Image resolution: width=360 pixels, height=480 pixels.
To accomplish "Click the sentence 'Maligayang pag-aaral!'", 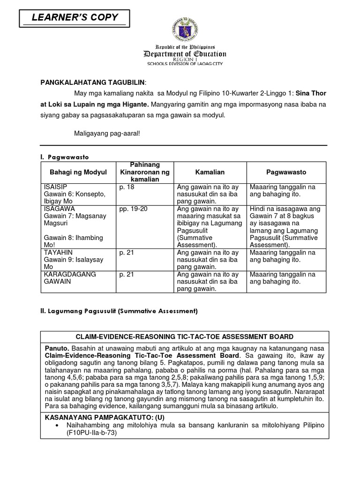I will click(x=107, y=133).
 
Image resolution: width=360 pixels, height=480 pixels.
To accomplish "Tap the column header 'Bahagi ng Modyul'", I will click(x=79, y=172).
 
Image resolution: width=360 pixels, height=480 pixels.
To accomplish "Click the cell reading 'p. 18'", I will click(x=127, y=187).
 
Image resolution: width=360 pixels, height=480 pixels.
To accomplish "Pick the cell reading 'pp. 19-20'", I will click(x=133, y=209).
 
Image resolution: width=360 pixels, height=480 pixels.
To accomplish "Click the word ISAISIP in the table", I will click(x=55, y=187).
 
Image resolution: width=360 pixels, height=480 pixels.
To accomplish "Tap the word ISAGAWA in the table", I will click(x=57, y=209).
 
